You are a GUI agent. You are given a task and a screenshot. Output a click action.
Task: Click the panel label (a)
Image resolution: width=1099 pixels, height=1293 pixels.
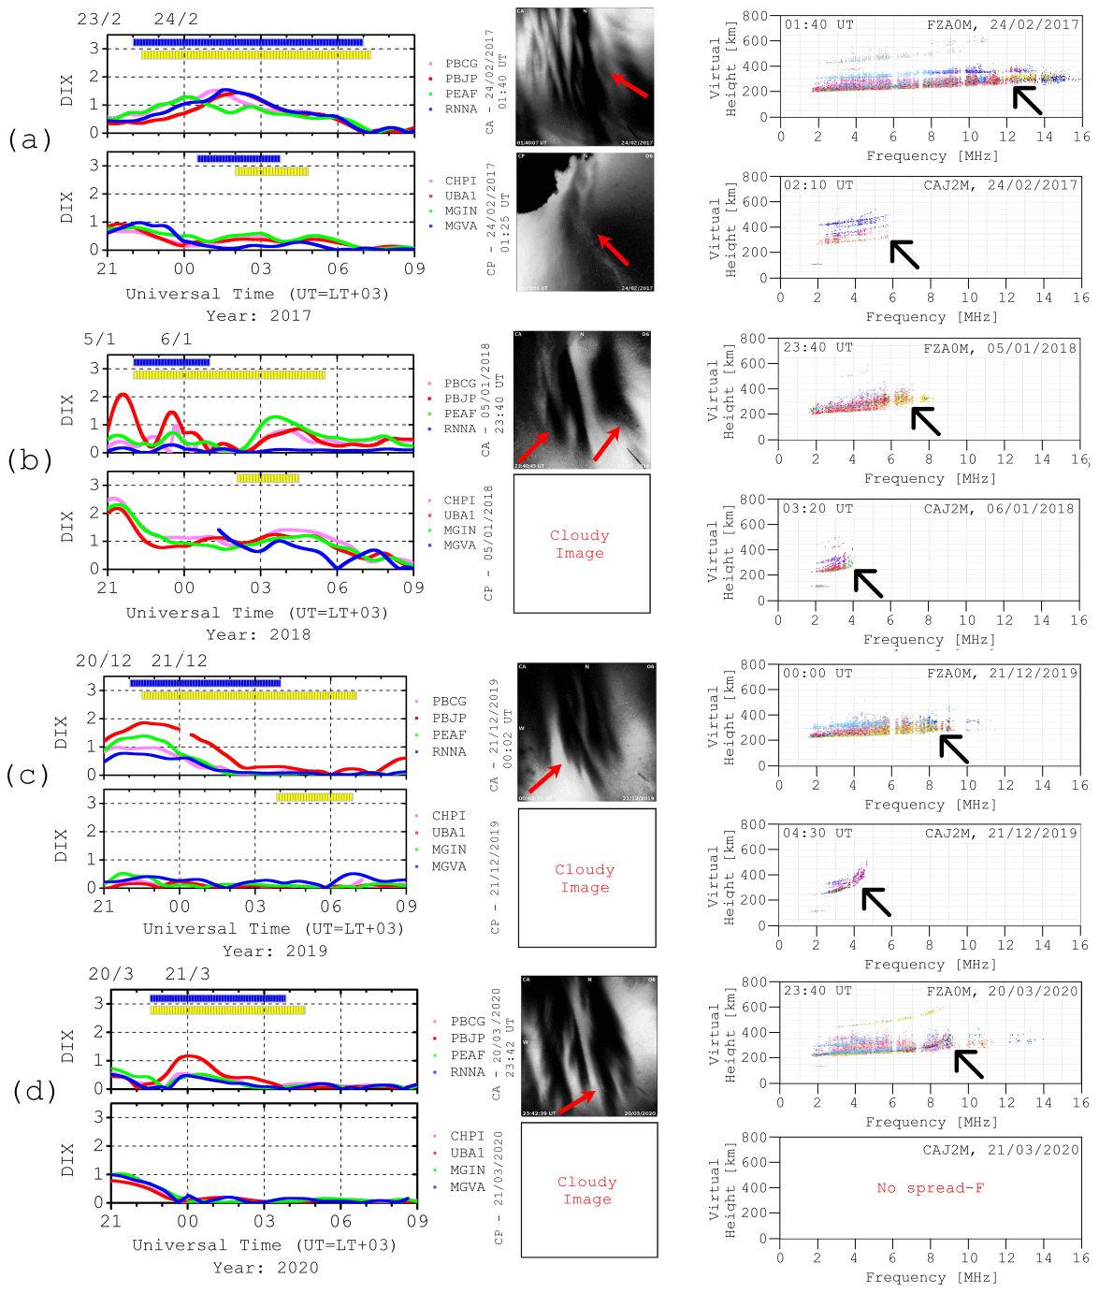click(29, 139)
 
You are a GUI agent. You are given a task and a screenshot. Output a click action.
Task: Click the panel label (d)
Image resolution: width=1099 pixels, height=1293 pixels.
click(34, 1090)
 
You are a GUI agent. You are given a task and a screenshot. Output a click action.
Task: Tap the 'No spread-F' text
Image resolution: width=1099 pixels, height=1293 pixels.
click(930, 1188)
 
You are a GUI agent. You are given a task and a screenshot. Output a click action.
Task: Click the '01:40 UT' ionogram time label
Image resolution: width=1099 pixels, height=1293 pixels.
click(818, 25)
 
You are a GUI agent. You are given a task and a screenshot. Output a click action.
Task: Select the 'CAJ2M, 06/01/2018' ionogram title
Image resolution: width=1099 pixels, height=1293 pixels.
click(999, 509)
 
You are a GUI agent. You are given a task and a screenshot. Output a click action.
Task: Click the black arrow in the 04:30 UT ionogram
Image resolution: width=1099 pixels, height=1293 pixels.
click(875, 901)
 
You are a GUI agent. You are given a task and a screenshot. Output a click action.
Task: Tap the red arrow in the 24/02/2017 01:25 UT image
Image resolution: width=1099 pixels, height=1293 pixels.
click(614, 250)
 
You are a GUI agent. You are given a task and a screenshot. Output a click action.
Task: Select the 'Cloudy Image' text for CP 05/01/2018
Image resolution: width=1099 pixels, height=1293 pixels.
click(580, 544)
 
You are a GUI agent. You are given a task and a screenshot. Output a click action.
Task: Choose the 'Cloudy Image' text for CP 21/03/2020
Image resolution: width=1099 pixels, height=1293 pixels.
click(587, 1190)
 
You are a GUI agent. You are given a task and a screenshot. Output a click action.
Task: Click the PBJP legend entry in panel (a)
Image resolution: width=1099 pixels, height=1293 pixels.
click(460, 79)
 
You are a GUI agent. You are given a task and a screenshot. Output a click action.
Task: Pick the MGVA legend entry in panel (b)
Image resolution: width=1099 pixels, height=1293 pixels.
click(458, 545)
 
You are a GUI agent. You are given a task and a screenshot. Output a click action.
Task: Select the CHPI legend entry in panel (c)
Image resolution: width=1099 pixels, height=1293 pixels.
click(448, 816)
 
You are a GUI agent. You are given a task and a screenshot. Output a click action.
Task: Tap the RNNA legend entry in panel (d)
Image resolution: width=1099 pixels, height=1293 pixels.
click(467, 1072)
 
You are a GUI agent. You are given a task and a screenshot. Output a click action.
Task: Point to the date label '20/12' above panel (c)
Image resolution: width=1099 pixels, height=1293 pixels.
click(104, 661)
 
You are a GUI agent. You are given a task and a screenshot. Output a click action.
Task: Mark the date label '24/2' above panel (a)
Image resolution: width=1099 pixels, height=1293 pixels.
click(176, 20)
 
